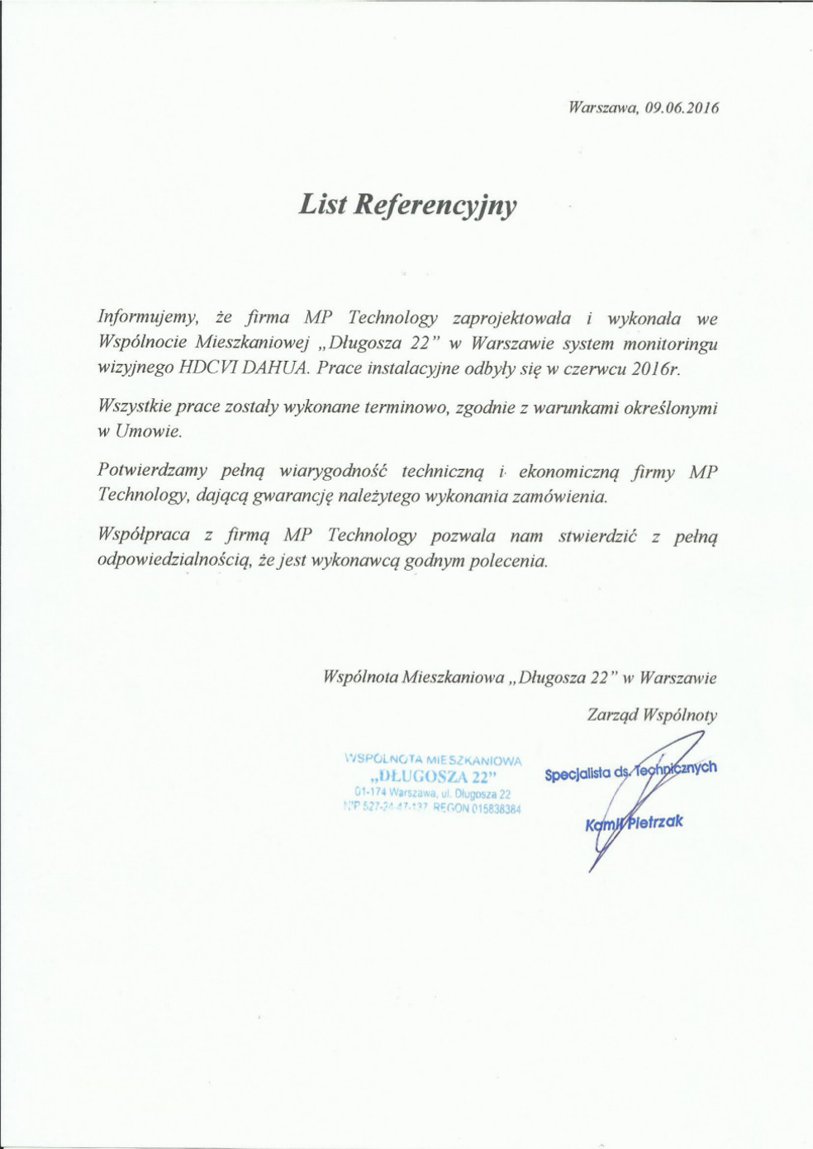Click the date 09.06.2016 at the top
(682, 108)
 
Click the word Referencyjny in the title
(435, 205)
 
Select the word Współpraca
(144, 535)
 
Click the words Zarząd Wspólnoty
(652, 715)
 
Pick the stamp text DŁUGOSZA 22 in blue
(434, 777)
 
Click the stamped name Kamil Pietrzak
(635, 823)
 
